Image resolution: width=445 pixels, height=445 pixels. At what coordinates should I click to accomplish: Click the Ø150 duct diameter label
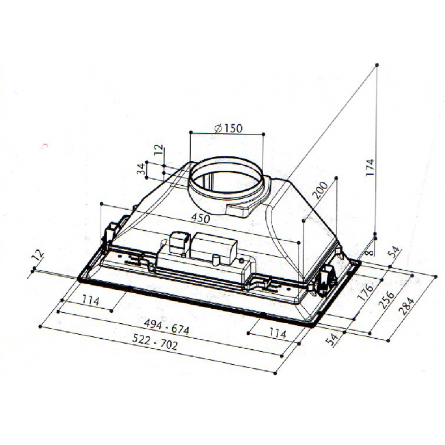tap(229, 128)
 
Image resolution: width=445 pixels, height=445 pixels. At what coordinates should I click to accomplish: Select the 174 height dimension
tap(370, 167)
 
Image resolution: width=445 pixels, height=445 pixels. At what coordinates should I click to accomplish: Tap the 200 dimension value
tap(320, 190)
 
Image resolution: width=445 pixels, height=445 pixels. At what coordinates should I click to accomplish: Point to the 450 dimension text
tap(200, 218)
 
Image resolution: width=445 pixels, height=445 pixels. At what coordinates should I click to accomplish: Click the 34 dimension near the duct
tap(141, 169)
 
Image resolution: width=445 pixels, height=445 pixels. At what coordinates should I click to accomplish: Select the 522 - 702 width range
tap(155, 342)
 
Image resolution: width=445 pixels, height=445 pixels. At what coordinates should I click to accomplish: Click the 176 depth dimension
tap(365, 293)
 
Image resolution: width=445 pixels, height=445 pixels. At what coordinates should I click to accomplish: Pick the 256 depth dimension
tap(387, 299)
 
